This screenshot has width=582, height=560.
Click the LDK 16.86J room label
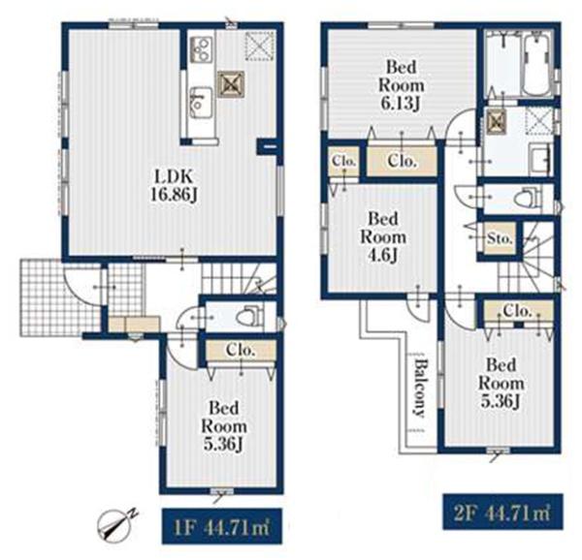pos(174,186)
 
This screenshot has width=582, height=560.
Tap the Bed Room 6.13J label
pos(401,85)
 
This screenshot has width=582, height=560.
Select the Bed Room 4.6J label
pos(383,237)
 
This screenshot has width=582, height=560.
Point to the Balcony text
pos(420,388)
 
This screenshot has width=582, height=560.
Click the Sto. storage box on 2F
pos(500,238)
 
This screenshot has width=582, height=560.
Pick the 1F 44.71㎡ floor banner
pos(221,527)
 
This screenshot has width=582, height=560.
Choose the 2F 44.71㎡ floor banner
pos(502,512)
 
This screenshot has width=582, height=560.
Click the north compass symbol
pos(116,522)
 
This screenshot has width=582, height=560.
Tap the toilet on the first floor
pos(250,316)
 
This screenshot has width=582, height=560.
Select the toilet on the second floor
pos(529,198)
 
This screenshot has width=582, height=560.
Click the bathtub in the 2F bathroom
pos(536,64)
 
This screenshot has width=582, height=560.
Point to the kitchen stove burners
pos(202,48)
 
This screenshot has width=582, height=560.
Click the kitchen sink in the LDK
pos(201,103)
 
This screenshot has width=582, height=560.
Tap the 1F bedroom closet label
pos(241,350)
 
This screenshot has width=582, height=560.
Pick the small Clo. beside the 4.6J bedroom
pos(344,161)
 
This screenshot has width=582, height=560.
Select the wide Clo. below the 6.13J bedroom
pos(401,161)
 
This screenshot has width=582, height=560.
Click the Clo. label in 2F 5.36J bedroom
pos(517,311)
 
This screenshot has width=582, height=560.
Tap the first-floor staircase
pos(239,278)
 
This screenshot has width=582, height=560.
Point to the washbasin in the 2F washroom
pos(539,160)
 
